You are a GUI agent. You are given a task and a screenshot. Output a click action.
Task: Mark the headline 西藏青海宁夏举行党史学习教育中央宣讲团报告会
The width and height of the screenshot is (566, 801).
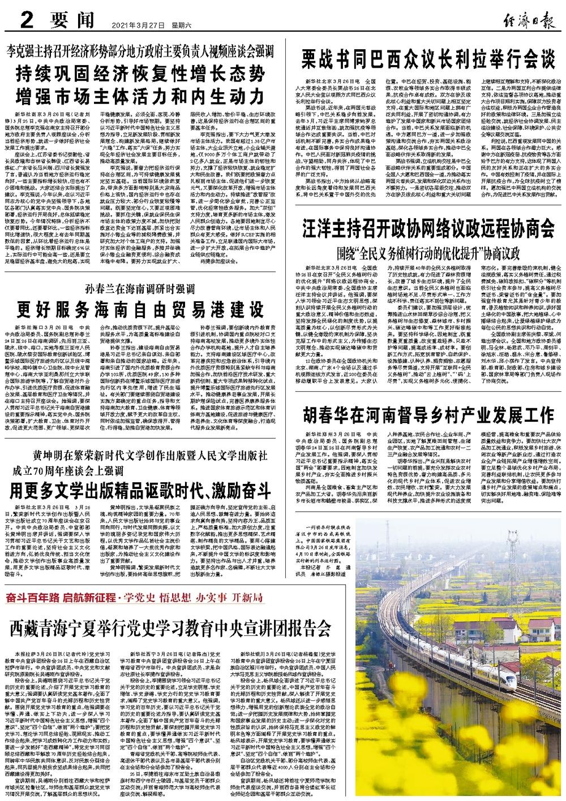pos(169,627)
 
